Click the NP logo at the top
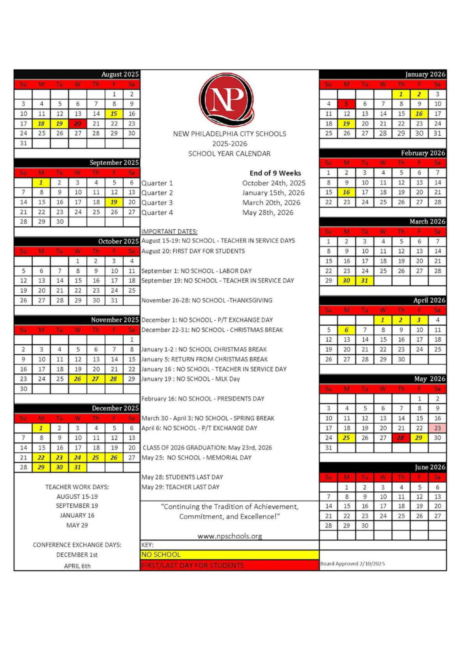[227, 99]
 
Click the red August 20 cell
[78, 124]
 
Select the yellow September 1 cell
[41, 183]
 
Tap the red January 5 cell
[346, 104]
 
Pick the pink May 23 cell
[437, 428]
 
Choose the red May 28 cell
[401, 438]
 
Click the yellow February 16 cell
[346, 192]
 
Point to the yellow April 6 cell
[346, 330]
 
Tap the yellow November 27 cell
[96, 379]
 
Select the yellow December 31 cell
[78, 467]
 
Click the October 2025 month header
[118, 241]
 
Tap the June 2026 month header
[430, 467]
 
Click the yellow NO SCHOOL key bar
[229, 555]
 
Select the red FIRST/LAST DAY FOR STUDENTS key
[229, 565]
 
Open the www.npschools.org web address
[230, 536]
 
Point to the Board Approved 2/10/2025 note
[353, 564]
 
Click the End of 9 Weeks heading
[275, 173]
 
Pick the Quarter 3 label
[157, 203]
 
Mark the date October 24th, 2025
[274, 183]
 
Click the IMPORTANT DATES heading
[169, 231]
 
